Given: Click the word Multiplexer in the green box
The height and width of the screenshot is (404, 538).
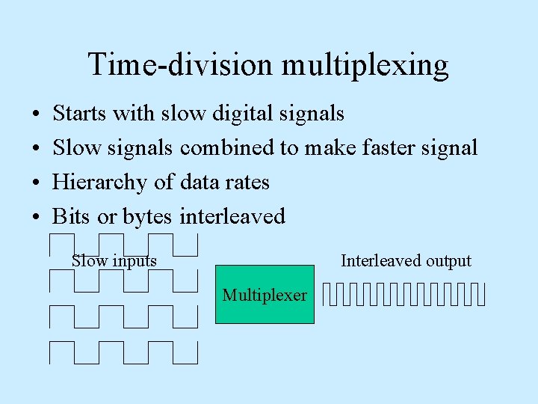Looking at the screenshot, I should click(x=265, y=295).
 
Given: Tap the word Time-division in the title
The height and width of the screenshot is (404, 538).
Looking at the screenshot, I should click(x=182, y=64).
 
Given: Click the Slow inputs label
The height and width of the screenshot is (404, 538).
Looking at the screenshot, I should click(x=114, y=260).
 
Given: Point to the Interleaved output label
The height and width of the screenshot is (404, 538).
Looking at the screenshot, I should click(x=406, y=260).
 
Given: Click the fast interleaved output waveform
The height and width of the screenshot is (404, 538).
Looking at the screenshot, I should click(x=404, y=295).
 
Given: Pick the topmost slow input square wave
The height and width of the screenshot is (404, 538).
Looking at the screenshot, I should click(x=123, y=245).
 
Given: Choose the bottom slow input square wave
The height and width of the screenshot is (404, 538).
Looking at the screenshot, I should click(x=123, y=352).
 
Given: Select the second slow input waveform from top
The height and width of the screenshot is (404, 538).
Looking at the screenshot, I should click(x=123, y=281).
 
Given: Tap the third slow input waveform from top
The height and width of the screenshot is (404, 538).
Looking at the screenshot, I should click(x=123, y=316).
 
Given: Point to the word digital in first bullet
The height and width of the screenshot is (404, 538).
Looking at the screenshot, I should click(x=243, y=114).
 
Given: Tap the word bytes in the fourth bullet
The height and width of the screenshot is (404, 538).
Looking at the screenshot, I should click(x=147, y=218).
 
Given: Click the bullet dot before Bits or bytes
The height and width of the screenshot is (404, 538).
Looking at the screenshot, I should click(x=37, y=218).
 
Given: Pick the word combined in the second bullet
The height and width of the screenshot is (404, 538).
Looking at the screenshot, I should click(x=227, y=148).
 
